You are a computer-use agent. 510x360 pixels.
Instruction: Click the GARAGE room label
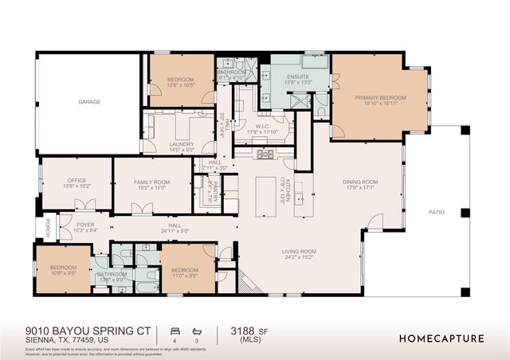point(88,102)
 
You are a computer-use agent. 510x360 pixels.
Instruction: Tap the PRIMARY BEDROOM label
point(380,97)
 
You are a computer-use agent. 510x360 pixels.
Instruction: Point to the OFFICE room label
point(76,181)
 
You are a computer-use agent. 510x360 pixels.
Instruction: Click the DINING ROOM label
point(360,182)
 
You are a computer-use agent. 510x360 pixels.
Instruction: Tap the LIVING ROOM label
point(299,252)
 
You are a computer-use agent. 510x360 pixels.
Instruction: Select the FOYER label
point(85,225)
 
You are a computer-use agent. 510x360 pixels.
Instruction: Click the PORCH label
point(47,224)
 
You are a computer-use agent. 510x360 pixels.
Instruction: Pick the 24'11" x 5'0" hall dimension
point(175,231)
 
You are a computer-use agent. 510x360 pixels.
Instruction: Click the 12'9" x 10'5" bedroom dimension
point(181,85)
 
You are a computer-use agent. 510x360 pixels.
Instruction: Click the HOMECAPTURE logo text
point(441,338)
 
